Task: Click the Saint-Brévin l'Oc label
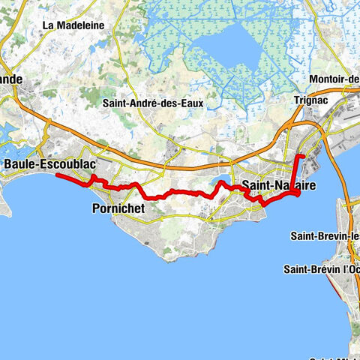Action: coord(321,268)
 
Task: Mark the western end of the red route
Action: coord(57,175)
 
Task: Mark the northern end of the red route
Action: coord(299,156)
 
